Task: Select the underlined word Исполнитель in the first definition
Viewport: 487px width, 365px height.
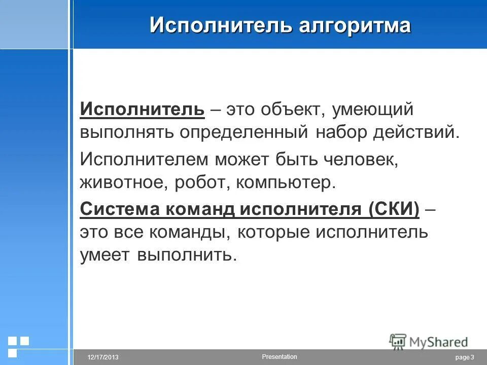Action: point(142,108)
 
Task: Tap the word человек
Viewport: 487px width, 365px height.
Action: point(358,160)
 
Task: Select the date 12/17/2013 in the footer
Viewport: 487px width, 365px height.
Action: point(103,358)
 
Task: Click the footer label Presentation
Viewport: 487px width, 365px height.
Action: point(280,357)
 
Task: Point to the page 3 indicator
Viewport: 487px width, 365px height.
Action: point(465,358)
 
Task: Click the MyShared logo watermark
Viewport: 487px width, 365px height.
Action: point(428,341)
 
